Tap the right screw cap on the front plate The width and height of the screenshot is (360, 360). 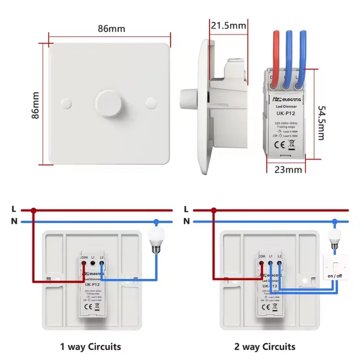click(x=151, y=102)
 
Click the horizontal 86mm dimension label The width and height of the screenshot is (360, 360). click(x=112, y=29)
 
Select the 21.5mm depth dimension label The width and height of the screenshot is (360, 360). click(x=229, y=25)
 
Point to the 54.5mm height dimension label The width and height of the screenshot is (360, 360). click(x=320, y=122)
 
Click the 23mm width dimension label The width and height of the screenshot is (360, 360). click(x=285, y=169)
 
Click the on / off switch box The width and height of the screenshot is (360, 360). click(x=335, y=268)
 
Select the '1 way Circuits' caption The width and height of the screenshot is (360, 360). click(x=90, y=347)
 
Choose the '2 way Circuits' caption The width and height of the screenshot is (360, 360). click(x=265, y=347)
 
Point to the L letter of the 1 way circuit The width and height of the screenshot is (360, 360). click(x=14, y=209)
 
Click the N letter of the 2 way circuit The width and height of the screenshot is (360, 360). click(x=187, y=221)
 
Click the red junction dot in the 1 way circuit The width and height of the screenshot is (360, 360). click(x=33, y=210)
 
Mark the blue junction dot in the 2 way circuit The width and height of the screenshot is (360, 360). click(x=335, y=222)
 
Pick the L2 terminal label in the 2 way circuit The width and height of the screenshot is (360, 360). click(x=280, y=256)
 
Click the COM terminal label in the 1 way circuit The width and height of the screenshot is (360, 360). click(x=84, y=257)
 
